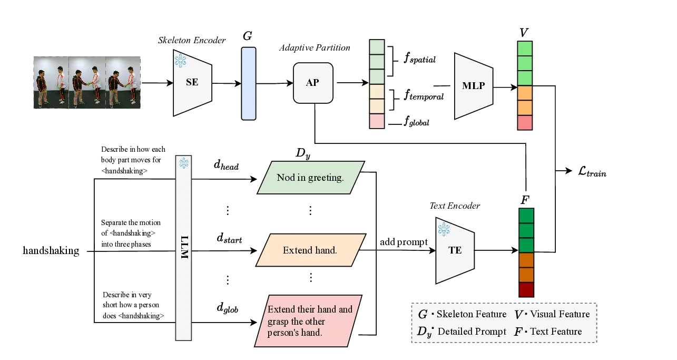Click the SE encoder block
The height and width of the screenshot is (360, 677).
[x=192, y=82]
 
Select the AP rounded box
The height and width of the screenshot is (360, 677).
[x=313, y=83]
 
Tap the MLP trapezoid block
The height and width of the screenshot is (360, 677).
[x=473, y=86]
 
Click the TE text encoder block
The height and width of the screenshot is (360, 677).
[x=455, y=250]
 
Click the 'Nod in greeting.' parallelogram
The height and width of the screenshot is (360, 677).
[x=310, y=178]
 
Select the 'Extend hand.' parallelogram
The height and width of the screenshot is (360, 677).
[x=310, y=250]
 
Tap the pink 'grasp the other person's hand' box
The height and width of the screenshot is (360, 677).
[x=309, y=322]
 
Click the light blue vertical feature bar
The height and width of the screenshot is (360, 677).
[x=249, y=84]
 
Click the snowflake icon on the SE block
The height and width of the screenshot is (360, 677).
[x=181, y=60]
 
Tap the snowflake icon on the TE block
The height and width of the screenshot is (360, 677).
[x=444, y=229]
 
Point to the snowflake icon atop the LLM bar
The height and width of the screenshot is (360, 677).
[x=183, y=163]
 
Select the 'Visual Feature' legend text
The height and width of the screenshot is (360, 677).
[x=560, y=314]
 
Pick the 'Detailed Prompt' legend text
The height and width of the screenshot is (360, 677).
[x=472, y=332]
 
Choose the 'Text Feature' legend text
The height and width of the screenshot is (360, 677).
[x=556, y=332]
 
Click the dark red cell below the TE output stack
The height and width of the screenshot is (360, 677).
[x=526, y=290]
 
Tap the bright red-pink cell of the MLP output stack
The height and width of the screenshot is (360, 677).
[x=525, y=123]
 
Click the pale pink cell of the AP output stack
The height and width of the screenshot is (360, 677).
[x=377, y=121]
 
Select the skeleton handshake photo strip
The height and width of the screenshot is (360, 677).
[x=87, y=82]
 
